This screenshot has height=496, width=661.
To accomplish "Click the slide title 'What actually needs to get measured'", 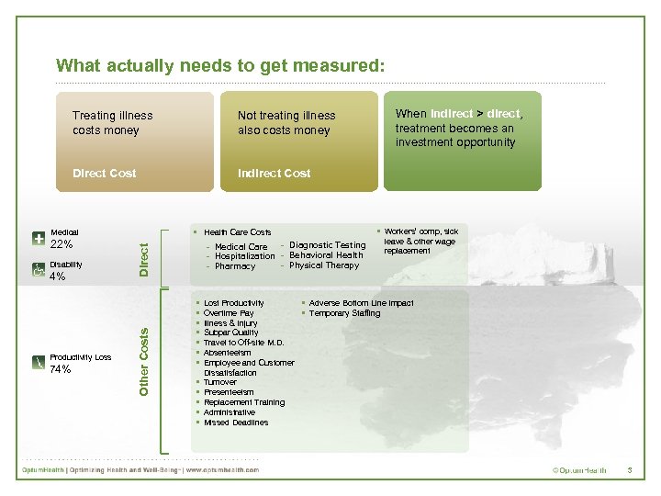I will tap(220, 65).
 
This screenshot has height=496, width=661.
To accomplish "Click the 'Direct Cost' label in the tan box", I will tap(105, 173).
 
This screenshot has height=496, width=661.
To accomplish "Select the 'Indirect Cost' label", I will tap(274, 173).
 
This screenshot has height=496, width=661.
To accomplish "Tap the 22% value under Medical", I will tap(61, 244).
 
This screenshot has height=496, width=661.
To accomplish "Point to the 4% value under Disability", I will tap(57, 276).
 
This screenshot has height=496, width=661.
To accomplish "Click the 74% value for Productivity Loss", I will tap(61, 369).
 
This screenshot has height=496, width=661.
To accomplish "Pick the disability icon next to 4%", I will tap(39, 270).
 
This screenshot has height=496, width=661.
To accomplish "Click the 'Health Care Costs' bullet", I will tap(237, 232).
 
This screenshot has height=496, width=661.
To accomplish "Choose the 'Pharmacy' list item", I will tap(235, 266).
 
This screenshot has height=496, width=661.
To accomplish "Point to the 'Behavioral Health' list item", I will tap(326, 255).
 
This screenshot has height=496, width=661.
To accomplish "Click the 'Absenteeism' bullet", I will tap(227, 353).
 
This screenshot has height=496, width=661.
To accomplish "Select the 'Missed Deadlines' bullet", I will tap(236, 423).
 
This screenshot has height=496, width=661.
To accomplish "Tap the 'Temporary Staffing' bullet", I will tap(344, 313).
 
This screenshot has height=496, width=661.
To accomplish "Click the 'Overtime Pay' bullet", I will tap(229, 313).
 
